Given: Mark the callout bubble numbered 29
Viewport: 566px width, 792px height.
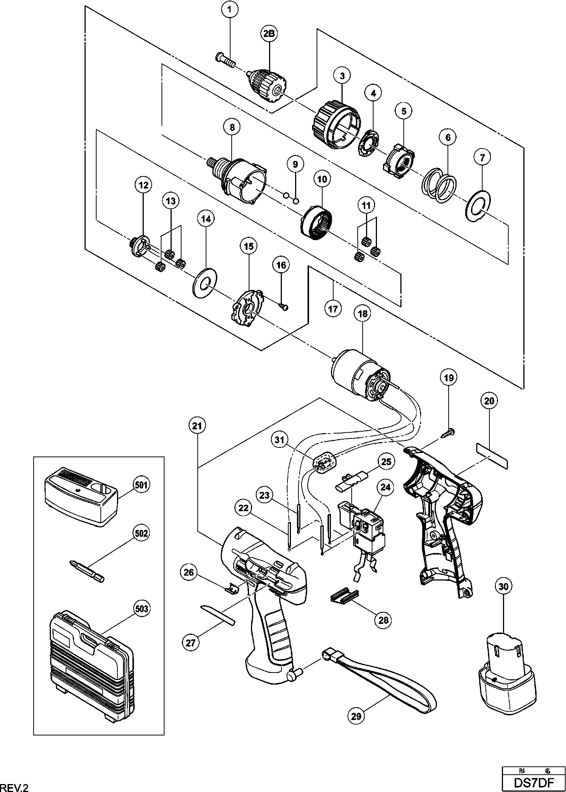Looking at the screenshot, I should click(356, 715).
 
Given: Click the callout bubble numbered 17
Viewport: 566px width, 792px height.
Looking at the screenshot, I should click(332, 309).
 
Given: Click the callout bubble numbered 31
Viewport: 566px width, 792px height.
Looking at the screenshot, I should click(281, 440).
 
